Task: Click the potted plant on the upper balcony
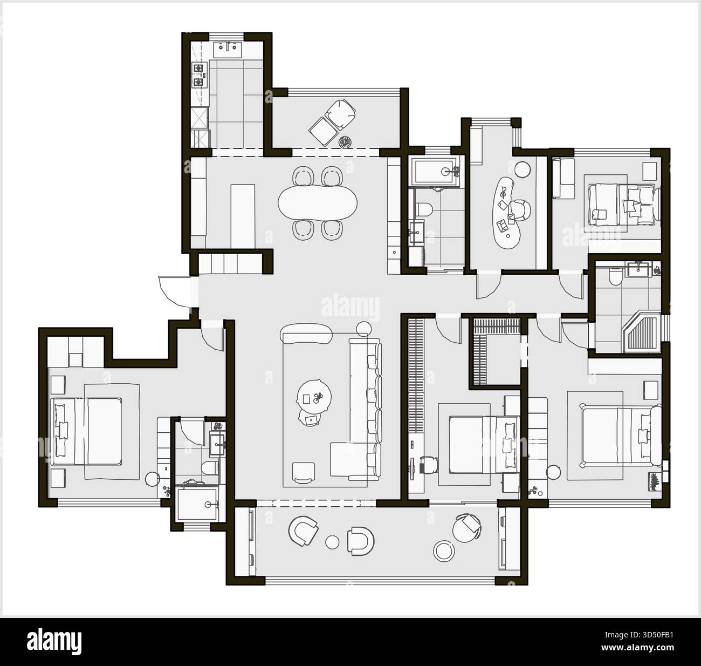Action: click(x=345, y=142)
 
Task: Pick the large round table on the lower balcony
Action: click(x=444, y=550)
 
